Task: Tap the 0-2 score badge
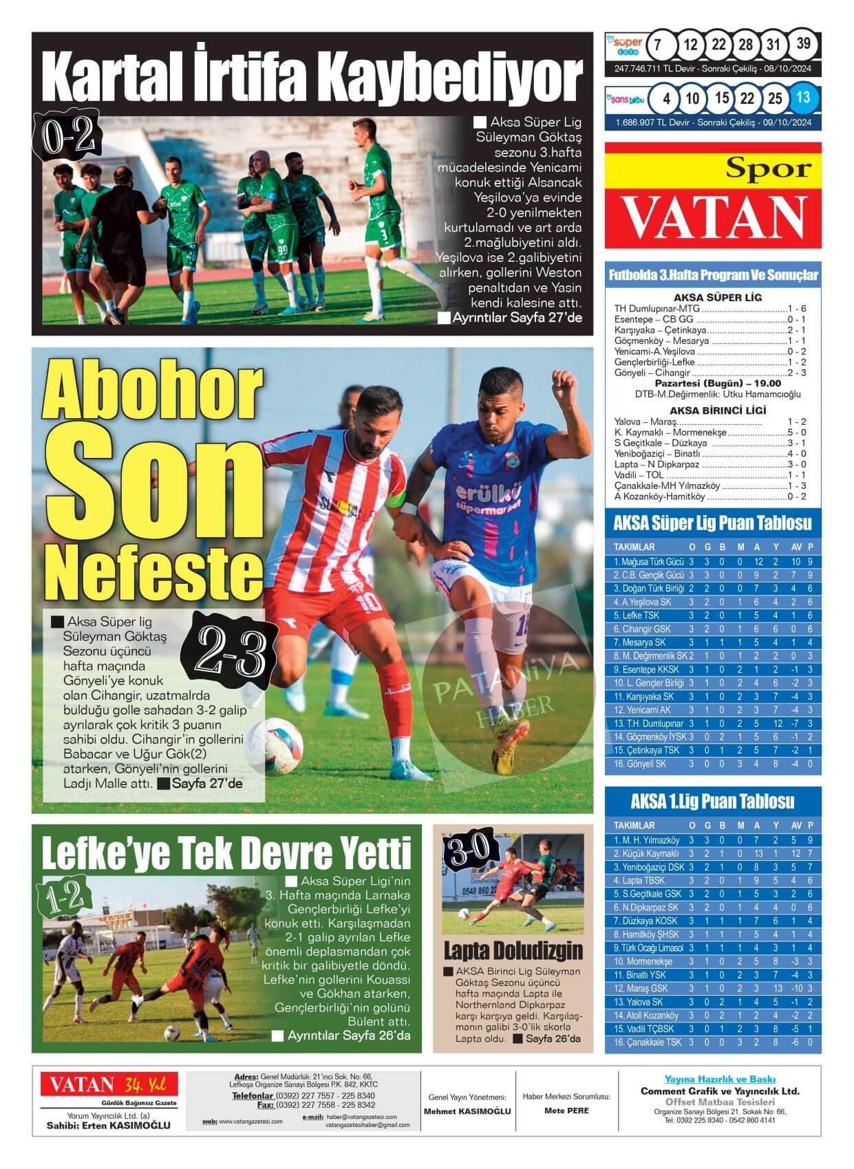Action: [67, 136]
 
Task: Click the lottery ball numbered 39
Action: [803, 45]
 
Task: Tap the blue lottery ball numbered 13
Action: [803, 98]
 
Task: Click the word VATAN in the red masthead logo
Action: [714, 216]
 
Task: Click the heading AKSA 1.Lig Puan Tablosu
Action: [712, 801]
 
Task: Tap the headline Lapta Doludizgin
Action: [513, 950]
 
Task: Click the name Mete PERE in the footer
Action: [566, 1111]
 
